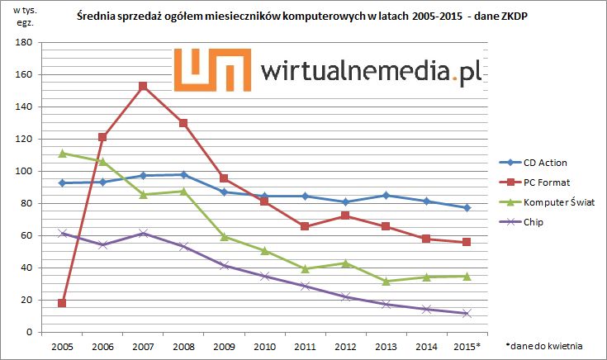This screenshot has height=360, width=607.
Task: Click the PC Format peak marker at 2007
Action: pos(143,86)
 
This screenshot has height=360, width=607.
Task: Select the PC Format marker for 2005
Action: pos(62,303)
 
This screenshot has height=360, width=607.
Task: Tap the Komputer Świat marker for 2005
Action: pos(62,154)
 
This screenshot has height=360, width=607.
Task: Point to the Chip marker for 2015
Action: pos(467,313)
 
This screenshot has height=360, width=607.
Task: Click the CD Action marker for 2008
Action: pos(183,174)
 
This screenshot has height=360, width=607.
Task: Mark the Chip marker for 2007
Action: pos(143,234)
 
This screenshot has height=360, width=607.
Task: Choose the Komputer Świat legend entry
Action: pos(553,201)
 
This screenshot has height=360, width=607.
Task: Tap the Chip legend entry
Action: pos(533,221)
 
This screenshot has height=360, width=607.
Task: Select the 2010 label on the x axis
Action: pos(264,346)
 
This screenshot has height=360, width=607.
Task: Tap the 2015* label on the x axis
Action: pos(467,346)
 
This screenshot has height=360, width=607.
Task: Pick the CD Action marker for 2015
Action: pos(467,208)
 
